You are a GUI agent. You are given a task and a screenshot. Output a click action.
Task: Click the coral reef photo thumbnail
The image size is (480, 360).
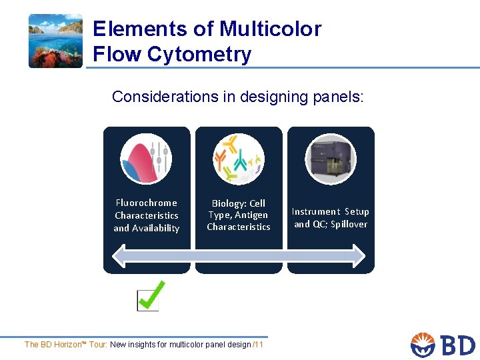[55, 41]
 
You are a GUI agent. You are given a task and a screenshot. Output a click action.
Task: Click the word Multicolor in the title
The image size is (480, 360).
[270, 29]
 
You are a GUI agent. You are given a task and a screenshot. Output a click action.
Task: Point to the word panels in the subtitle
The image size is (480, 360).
[337, 97]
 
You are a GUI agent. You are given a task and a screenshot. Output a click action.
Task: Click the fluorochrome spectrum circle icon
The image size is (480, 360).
[146, 159]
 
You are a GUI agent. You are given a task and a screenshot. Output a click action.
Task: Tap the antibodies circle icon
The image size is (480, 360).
[238, 159]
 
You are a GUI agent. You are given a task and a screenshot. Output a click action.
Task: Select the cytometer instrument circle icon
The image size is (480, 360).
[331, 159]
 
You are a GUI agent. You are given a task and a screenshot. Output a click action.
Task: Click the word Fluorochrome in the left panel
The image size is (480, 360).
[147, 203]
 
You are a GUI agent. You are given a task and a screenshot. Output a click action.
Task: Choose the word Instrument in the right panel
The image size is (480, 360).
[315, 211]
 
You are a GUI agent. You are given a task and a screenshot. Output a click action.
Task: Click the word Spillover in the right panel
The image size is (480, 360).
[349, 224]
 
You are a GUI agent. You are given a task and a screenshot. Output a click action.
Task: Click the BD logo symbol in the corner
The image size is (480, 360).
[423, 345]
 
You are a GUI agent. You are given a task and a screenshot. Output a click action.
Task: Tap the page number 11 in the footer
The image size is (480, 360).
[259, 345]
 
